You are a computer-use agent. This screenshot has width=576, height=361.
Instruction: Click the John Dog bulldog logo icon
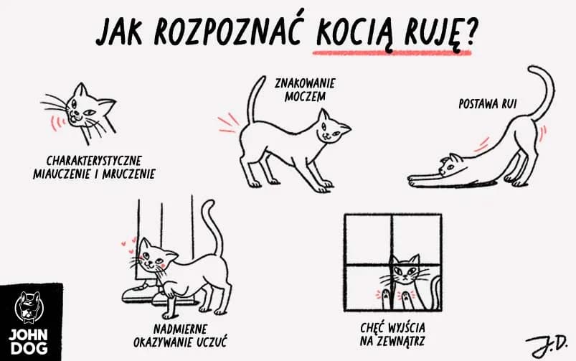pyautogui.click(x=29, y=307)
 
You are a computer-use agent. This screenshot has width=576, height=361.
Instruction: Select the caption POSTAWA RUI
pyautogui.click(x=488, y=103)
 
